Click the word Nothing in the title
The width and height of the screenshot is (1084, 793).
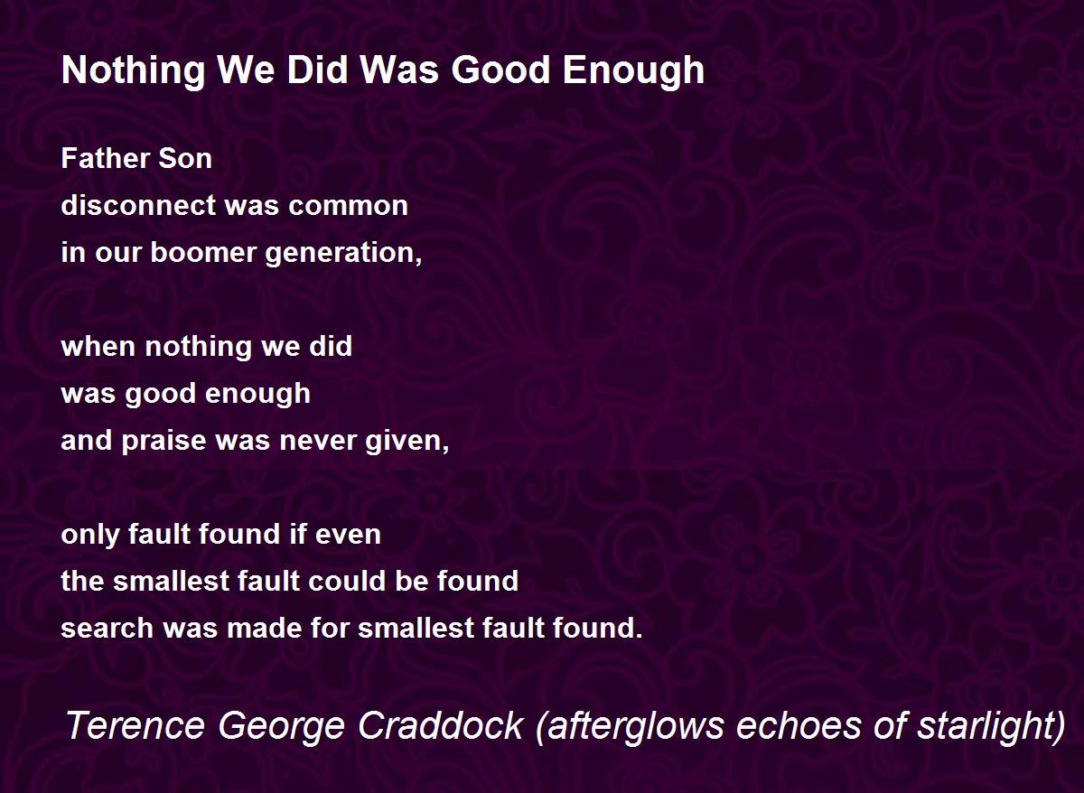(x=133, y=71)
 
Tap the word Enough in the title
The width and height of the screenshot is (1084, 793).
(x=633, y=71)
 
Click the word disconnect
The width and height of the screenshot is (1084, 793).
(x=138, y=205)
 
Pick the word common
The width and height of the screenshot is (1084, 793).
(x=348, y=206)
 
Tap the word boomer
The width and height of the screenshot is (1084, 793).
(x=203, y=252)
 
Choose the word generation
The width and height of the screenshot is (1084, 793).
(x=341, y=254)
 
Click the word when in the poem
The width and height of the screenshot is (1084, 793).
(x=98, y=347)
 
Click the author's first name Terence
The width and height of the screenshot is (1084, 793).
(x=136, y=725)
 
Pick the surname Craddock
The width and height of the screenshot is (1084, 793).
(x=441, y=725)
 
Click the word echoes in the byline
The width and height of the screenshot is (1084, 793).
(x=798, y=725)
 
